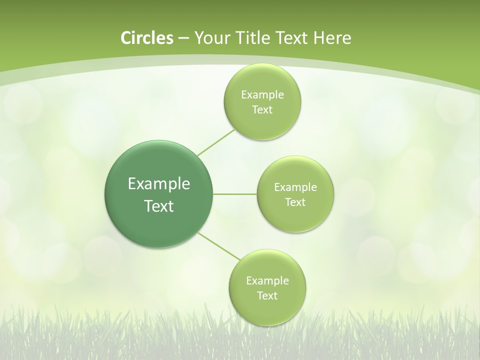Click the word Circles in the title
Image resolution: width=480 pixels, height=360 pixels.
tap(146, 38)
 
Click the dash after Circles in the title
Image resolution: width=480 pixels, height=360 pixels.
tap(183, 38)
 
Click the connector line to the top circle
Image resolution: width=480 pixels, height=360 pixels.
tap(216, 142)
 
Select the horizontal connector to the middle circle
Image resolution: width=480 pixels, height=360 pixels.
tap(235, 194)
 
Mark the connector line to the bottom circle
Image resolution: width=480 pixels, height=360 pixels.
tap(219, 246)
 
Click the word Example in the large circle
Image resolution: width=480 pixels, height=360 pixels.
tap(159, 184)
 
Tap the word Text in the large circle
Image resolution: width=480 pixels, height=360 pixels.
tap(159, 206)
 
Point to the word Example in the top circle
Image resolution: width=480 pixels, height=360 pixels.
tap(262, 95)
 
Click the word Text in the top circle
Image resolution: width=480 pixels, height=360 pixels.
tap(262, 110)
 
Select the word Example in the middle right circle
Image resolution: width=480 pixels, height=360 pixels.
tap(295, 187)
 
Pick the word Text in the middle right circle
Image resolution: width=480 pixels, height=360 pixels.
tap(295, 202)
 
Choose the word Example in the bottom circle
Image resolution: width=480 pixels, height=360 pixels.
tap(267, 281)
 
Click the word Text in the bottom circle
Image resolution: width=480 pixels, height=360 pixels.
tap(267, 296)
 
